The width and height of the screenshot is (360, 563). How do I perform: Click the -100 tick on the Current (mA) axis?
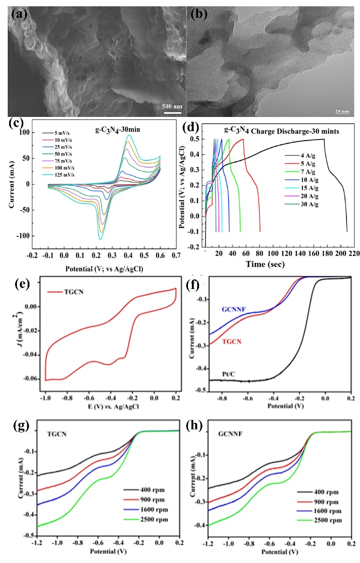point(23,236)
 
